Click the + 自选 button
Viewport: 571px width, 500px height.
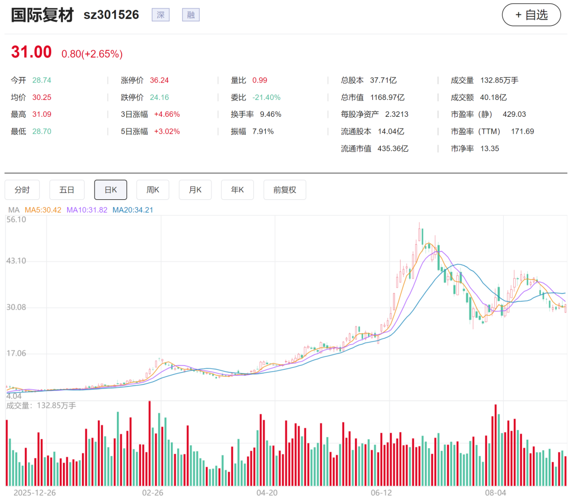point(531,15)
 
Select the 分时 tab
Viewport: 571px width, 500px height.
point(22,190)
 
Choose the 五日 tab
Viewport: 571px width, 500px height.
point(67,190)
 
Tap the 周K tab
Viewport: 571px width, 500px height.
point(153,190)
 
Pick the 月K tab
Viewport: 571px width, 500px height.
point(195,190)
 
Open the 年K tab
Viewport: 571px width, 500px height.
point(237,190)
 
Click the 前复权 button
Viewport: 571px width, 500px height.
point(285,190)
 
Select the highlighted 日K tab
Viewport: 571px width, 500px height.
point(110,190)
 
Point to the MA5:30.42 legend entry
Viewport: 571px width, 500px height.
point(43,210)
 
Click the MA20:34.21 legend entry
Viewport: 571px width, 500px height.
point(133,210)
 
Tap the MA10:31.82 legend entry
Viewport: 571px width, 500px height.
point(87,210)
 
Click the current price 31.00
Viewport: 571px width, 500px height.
point(31,52)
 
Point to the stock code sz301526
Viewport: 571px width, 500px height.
point(112,15)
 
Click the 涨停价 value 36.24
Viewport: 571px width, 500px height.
point(160,80)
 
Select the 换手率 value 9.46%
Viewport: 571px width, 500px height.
point(271,114)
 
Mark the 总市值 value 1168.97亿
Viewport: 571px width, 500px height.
point(388,97)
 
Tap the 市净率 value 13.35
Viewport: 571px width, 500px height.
point(490,149)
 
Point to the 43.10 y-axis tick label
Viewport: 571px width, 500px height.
point(16,261)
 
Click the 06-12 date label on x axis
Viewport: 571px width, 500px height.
point(381,493)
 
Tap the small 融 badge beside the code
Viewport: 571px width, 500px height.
point(191,15)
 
